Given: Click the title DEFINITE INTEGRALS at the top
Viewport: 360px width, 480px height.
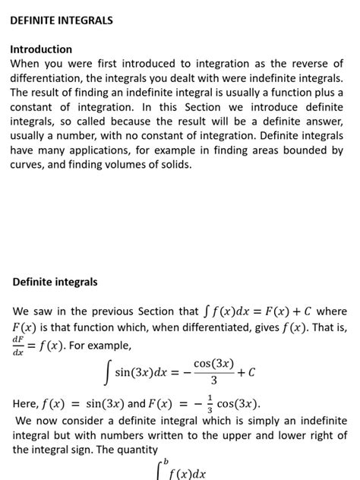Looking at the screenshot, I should click(x=62, y=21).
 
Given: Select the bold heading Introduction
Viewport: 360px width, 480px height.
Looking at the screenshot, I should click(x=41, y=49).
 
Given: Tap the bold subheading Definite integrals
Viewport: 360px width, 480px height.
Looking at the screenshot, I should click(x=55, y=282).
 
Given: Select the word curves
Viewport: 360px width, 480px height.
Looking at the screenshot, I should click(x=28, y=165).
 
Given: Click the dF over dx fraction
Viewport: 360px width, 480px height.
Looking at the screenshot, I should click(x=17, y=346).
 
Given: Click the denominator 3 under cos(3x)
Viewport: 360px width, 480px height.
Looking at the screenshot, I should click(x=213, y=380).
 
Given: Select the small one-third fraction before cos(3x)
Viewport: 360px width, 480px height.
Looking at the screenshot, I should click(x=210, y=404).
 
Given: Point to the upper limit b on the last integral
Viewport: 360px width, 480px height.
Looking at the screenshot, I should click(x=166, y=461).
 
